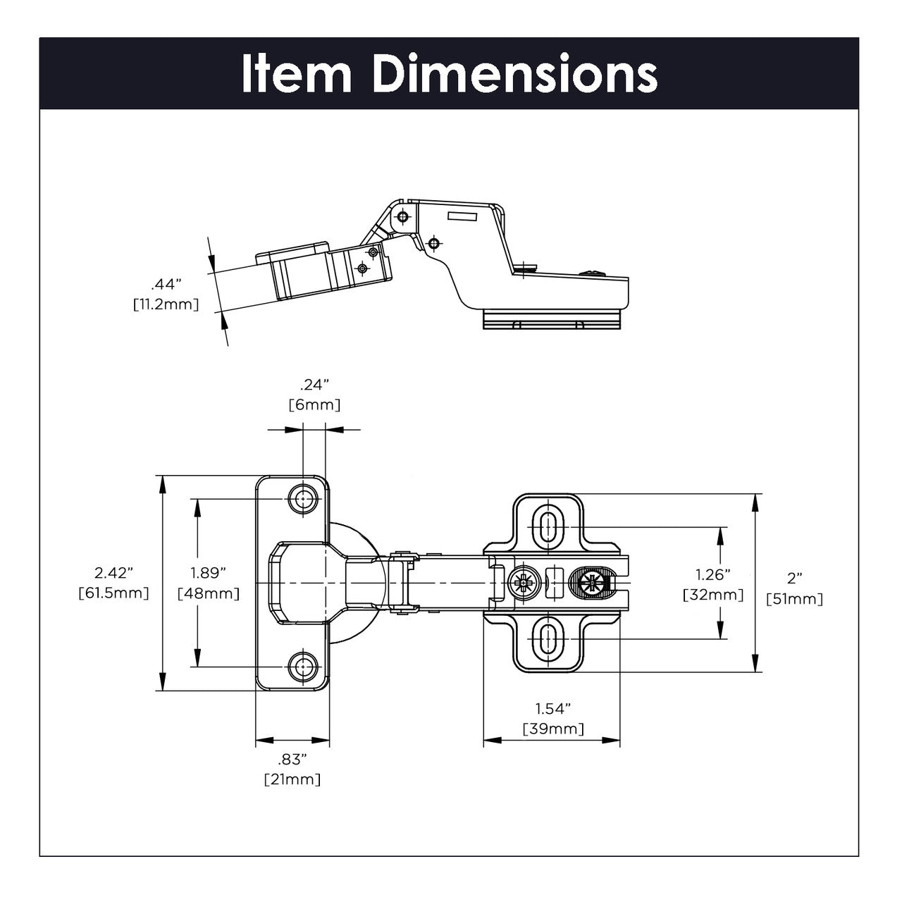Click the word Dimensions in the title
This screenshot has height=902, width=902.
(515, 74)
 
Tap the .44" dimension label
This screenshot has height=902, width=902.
(166, 285)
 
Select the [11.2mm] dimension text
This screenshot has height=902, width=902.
(166, 304)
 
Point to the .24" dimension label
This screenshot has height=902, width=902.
(314, 385)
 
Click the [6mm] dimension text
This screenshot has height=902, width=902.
(314, 405)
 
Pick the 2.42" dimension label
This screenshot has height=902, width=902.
(113, 572)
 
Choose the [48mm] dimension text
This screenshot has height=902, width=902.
(209, 593)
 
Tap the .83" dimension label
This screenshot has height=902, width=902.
(292, 759)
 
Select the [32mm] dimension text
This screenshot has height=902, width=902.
(713, 595)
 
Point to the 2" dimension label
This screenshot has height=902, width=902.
(794, 579)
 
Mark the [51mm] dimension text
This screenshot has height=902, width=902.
(794, 599)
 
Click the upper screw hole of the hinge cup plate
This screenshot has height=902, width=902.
(304, 499)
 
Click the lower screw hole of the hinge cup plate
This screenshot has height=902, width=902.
(304, 665)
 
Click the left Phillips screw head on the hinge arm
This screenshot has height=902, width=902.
(525, 583)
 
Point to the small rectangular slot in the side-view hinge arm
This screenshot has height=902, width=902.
(463, 217)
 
